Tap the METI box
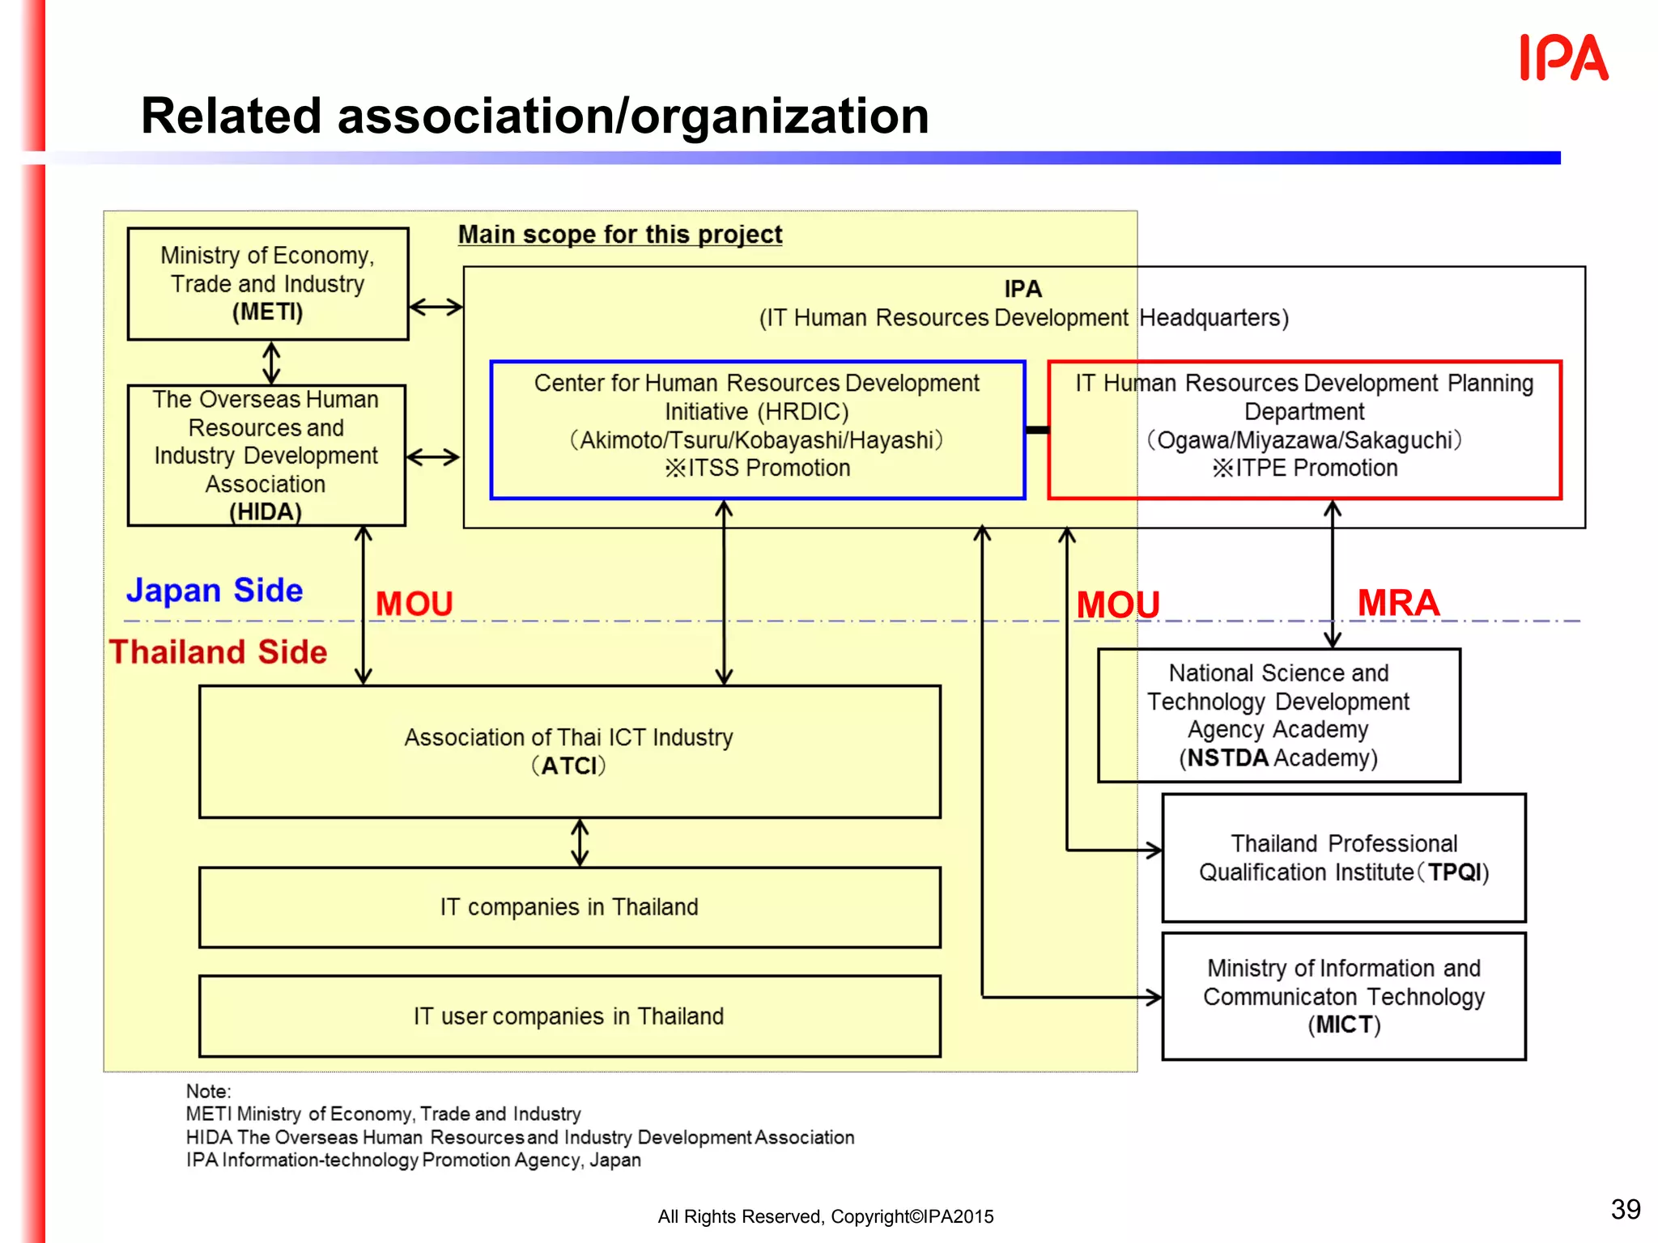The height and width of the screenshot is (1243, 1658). [268, 284]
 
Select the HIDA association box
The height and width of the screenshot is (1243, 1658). [266, 456]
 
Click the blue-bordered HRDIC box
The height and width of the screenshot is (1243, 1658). [757, 429]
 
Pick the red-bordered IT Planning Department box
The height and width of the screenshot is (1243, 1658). [1303, 429]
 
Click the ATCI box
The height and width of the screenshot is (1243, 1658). [569, 752]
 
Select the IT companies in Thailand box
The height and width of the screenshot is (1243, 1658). [569, 907]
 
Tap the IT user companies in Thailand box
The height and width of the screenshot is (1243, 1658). [569, 1016]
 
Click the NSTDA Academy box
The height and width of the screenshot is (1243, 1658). [1278, 715]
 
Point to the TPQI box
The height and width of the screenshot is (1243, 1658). [1344, 858]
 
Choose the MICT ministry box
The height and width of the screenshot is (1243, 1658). [1344, 996]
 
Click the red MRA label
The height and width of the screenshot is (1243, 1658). [1398, 603]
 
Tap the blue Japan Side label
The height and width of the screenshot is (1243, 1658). [215, 590]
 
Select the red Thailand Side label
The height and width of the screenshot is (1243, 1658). [219, 652]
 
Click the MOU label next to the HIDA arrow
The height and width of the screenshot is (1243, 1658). [414, 604]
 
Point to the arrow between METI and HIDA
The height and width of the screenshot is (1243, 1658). [271, 363]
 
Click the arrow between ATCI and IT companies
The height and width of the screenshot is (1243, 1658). [580, 842]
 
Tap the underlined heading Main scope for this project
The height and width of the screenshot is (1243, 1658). [620, 235]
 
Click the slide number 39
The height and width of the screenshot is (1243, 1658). [1625, 1209]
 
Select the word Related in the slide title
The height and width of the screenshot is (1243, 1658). [231, 116]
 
